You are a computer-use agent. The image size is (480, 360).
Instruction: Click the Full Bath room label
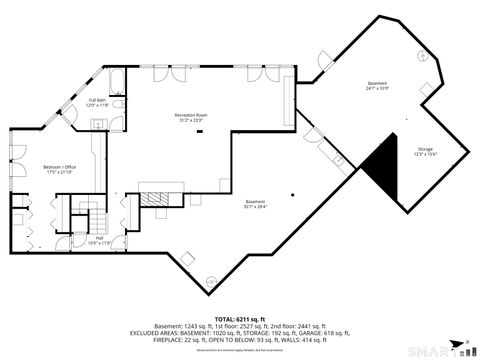point(98,100)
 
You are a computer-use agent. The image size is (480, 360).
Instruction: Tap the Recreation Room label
point(190,115)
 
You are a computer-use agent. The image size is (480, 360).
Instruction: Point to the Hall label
point(98,238)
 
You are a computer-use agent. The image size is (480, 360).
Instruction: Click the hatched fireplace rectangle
point(156,198)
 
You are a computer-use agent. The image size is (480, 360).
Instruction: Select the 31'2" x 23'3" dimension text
point(190,121)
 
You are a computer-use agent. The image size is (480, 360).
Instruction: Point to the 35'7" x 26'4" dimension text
point(255,208)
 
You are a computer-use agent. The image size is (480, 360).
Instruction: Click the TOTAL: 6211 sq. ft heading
point(240,318)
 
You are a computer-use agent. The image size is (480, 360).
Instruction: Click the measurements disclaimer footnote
point(240,351)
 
